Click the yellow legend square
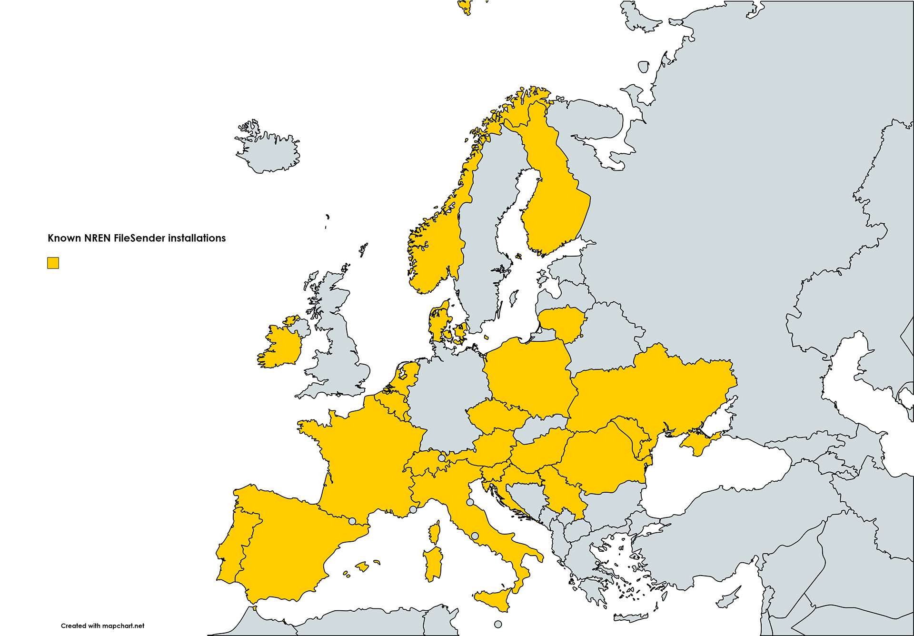(53, 263)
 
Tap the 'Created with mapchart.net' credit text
(102, 626)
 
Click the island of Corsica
(434, 532)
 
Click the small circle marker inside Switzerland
(441, 458)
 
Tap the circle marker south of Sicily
(498, 624)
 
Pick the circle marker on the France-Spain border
(352, 521)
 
